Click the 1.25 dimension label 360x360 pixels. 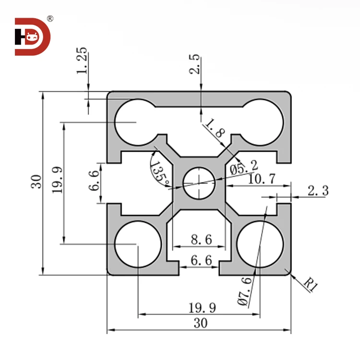pyautogui.click(x=82, y=61)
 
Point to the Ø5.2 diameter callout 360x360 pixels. pyautogui.click(x=243, y=168)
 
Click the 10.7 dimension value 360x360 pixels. pyautogui.click(x=262, y=179)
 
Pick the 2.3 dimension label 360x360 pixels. pyautogui.click(x=317, y=191)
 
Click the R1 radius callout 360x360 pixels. pyautogui.click(x=311, y=285)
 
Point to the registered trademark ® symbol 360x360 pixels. pyautogui.click(x=49, y=19)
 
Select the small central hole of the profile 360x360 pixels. pyautogui.click(x=199, y=183)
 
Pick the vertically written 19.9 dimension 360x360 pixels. pyautogui.click(x=58, y=180)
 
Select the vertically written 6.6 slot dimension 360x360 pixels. pyautogui.click(x=95, y=180)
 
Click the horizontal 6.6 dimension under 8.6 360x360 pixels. pyautogui.click(x=201, y=261)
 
